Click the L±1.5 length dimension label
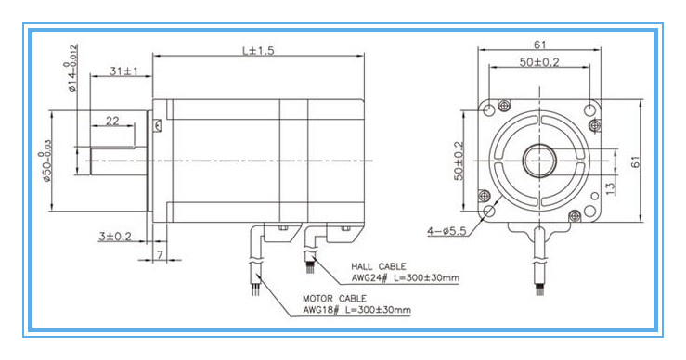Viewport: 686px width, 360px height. [x=258, y=51]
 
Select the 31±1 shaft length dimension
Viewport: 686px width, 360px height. [x=123, y=71]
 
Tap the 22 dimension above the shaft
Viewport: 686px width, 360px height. [x=112, y=121]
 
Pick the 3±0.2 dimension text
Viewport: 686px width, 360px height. [x=115, y=237]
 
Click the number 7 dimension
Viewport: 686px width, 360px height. [x=160, y=254]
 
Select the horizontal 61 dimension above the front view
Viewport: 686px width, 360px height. [x=540, y=45]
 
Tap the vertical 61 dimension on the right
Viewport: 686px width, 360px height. [x=636, y=161]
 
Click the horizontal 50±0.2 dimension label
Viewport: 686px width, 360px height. [x=539, y=62]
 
